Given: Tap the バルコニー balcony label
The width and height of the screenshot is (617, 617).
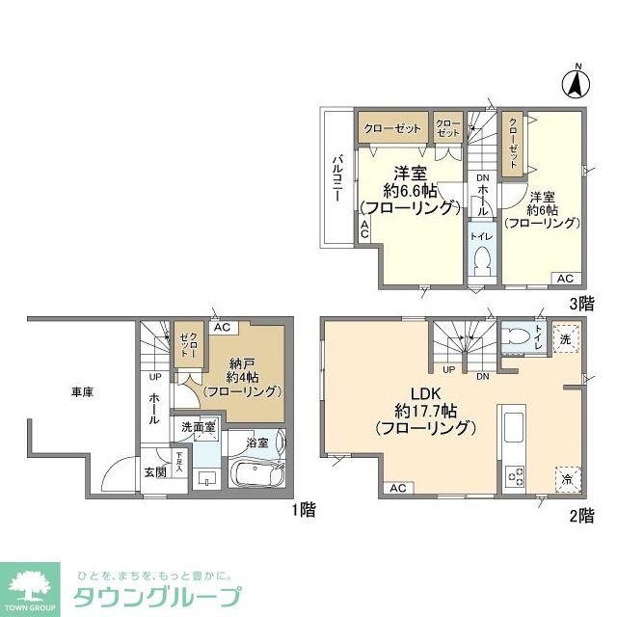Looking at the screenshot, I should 338,177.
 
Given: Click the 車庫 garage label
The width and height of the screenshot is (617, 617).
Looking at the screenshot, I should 82,391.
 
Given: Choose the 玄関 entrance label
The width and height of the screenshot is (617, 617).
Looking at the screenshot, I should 155,471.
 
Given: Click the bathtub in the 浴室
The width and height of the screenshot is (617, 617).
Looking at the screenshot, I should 255,473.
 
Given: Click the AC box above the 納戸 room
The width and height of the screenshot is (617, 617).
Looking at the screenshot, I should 221,328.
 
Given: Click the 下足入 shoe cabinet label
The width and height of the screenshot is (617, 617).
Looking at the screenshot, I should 179,460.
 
